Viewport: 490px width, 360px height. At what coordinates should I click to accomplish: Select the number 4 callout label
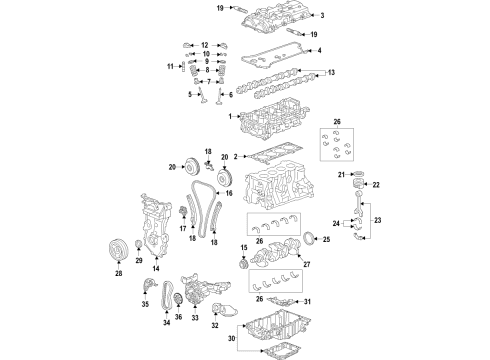(319, 49)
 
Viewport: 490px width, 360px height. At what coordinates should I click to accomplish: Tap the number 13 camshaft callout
(333, 72)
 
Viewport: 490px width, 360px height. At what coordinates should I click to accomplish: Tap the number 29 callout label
(139, 261)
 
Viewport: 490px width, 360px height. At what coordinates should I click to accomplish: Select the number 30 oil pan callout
(233, 337)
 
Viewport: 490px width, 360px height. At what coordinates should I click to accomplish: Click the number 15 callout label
(243, 247)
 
